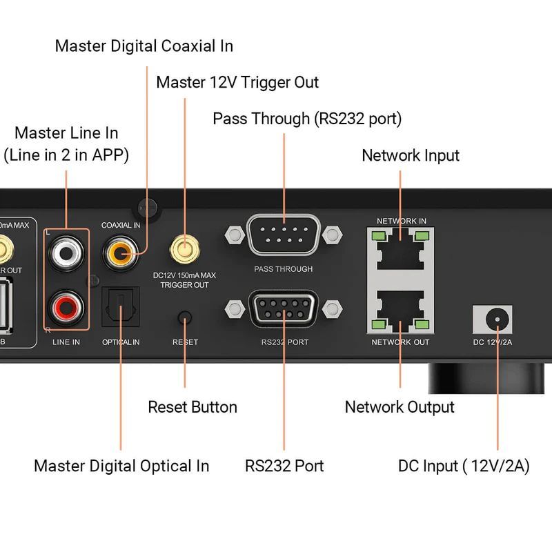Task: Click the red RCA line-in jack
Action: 66,304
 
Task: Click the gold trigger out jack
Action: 184,247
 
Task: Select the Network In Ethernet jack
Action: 401,248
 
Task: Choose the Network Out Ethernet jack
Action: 401,309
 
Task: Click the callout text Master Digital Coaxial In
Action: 144,46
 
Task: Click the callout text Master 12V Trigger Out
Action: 237,83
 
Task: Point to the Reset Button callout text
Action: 193,407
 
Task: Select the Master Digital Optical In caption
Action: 121,466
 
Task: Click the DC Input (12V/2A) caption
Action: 464,466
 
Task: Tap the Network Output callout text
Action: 400,407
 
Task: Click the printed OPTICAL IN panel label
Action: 121,342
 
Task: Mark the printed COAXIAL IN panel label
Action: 121,225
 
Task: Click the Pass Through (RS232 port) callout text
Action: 307,119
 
